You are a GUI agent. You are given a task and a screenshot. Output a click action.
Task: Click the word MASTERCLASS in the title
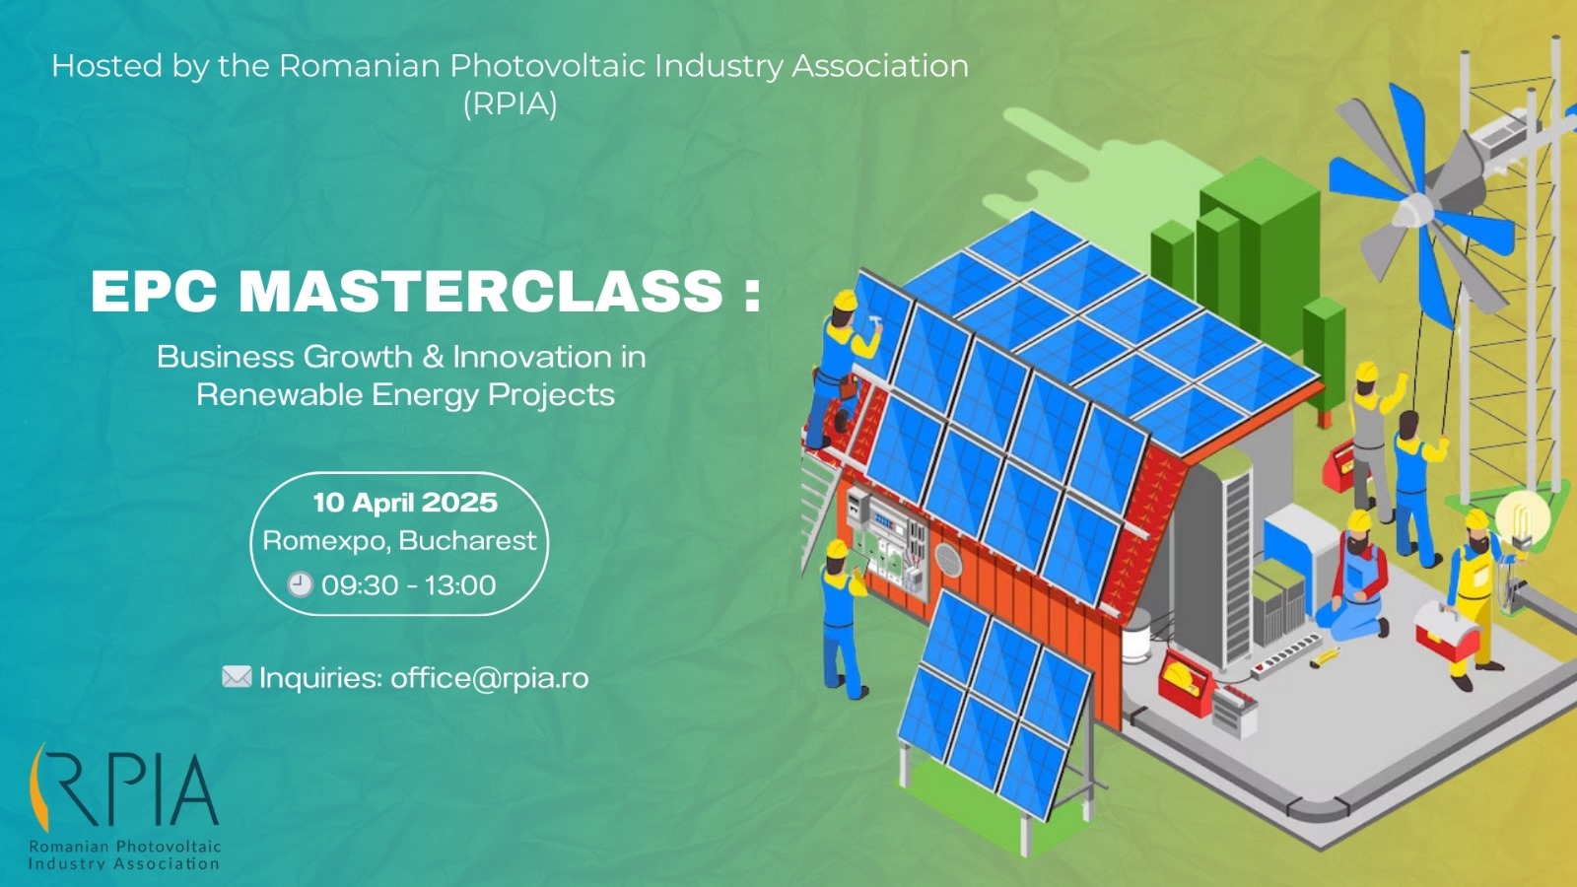click(x=481, y=292)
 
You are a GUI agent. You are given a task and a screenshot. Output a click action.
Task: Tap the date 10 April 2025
click(x=405, y=503)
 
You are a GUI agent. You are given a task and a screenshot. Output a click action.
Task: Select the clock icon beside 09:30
click(x=300, y=584)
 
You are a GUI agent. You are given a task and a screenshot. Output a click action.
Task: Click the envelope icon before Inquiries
click(x=237, y=677)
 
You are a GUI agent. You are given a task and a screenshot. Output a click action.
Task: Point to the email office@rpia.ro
click(x=490, y=678)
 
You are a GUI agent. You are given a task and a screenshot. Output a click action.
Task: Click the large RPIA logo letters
click(x=123, y=788)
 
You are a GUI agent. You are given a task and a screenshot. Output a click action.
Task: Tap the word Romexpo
click(x=325, y=541)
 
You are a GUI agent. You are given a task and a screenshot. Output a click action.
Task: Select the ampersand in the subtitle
click(x=433, y=357)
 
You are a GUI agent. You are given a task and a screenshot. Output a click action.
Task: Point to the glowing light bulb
click(x=1523, y=517)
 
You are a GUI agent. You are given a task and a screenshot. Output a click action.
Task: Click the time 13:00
click(x=460, y=585)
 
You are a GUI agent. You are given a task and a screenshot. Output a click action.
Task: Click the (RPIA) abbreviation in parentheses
click(x=510, y=103)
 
